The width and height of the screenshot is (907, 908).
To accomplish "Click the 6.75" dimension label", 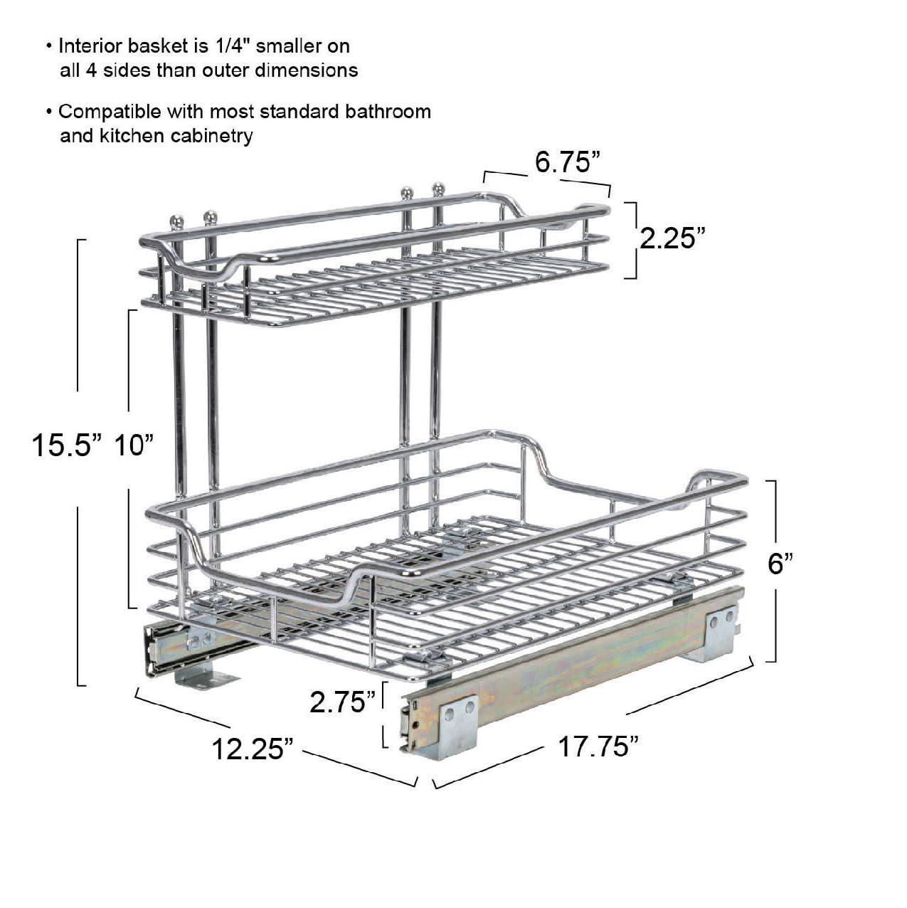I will pos(564,163).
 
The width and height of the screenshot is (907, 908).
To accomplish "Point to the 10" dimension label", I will pos(134,446).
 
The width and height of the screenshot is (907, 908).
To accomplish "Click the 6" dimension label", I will pos(780,564).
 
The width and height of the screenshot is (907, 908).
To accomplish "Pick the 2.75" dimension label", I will pos(343,702).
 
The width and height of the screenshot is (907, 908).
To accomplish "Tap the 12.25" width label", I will pos(253,749).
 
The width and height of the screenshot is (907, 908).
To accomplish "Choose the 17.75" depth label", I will pos(597,747).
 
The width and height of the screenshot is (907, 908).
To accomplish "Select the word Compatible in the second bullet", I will pos(110,112).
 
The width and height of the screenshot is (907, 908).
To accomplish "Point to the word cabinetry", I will pos(212,135).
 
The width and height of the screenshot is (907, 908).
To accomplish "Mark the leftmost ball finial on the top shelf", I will pos(177,221).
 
